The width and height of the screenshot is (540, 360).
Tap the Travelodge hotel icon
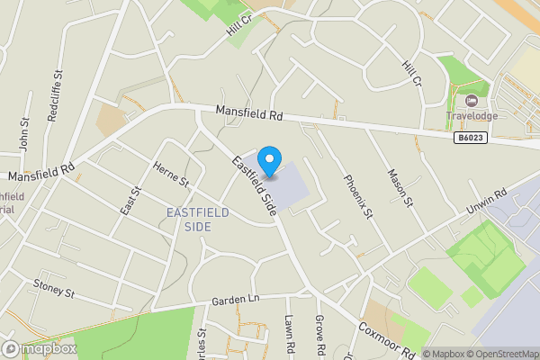point(472,99)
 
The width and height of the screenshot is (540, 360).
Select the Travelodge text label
point(472,115)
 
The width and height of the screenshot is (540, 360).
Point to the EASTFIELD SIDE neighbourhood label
point(198,219)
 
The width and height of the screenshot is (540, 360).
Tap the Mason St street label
point(399,186)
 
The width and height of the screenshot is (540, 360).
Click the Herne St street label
point(170,175)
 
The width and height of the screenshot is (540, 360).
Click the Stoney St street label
point(53,292)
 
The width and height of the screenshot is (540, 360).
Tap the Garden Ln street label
point(235,300)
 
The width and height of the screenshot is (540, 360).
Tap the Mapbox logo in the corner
point(39,348)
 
